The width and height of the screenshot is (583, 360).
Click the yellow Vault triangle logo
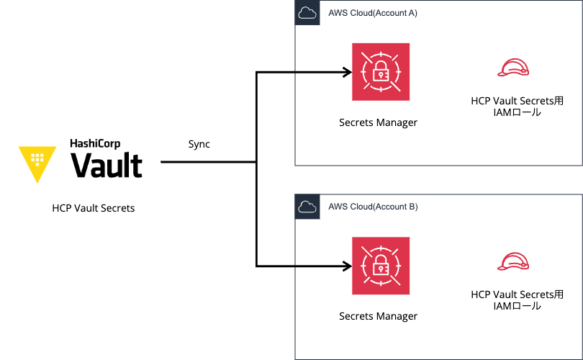click(37, 162)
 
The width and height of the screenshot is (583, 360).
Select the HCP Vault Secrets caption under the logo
click(94, 208)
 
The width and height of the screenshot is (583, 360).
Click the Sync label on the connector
click(198, 144)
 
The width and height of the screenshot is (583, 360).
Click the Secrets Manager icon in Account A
click(380, 72)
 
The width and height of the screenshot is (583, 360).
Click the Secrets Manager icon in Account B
click(380, 266)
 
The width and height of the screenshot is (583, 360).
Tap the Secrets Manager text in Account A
click(378, 122)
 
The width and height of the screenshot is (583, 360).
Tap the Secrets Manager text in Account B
click(378, 316)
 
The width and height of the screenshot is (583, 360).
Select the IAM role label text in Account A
click(517, 107)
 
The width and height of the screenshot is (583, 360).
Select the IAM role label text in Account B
click(517, 300)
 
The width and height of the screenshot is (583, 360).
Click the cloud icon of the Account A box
click(307, 13)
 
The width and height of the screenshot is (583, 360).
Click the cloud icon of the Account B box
click(307, 207)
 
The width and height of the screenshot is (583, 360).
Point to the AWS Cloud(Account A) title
click(372, 13)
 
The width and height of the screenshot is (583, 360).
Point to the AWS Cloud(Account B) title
click(372, 207)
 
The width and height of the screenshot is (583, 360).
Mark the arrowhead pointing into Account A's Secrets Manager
click(347, 72)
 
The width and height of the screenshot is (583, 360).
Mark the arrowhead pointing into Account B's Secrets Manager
click(347, 266)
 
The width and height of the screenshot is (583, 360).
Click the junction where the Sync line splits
click(257, 162)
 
